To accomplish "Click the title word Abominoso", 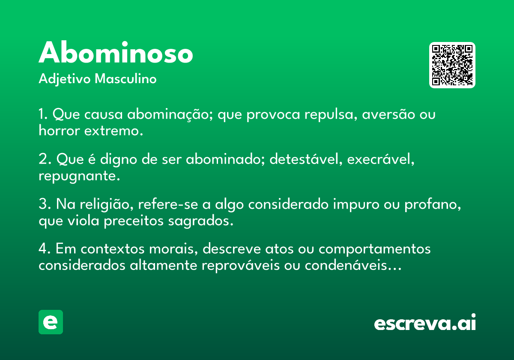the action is [x=116, y=52].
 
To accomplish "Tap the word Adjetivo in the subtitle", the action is [x=65, y=79].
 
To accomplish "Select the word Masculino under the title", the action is [x=126, y=78].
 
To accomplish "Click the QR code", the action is [x=452, y=65].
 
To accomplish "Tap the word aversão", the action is [x=388, y=114].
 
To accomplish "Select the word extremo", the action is [x=114, y=131].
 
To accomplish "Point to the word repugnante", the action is [x=79, y=176].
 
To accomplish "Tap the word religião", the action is [x=107, y=204].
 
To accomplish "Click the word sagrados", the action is [x=200, y=221].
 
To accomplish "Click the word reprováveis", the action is [x=240, y=266].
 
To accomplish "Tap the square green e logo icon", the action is [x=51, y=322].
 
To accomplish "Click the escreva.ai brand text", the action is [x=425, y=322].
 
